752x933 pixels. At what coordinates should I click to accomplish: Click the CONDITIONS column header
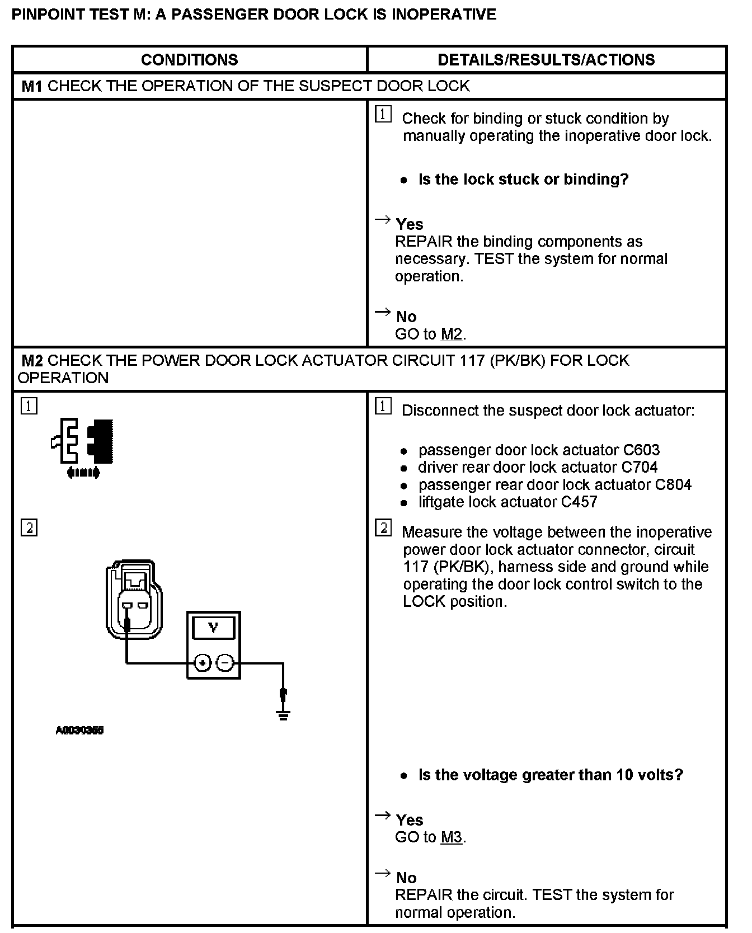coord(189,60)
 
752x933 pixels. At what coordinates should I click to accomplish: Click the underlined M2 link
coord(452,334)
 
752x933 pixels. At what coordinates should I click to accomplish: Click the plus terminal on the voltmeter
coord(202,663)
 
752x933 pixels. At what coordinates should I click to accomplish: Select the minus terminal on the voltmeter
coord(225,663)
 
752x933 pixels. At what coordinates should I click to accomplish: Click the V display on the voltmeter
coord(213,628)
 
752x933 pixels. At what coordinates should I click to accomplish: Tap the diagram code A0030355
coord(80,730)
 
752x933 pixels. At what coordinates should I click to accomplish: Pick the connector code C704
coord(639,468)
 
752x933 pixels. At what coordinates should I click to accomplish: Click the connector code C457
coord(579,502)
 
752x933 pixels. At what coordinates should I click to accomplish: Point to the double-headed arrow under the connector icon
coord(83,473)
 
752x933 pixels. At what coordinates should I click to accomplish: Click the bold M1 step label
coord(32,86)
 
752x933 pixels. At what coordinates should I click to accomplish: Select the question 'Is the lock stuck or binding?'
coord(523,180)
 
